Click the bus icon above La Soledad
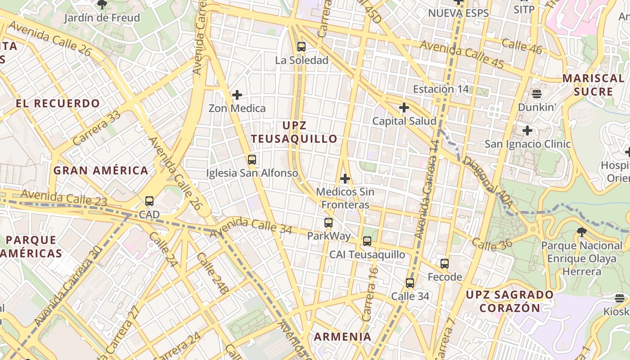[301, 46]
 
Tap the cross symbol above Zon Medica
[237, 94]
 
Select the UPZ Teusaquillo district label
[294, 132]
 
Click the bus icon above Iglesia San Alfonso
[252, 159]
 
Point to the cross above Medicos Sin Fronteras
[345, 179]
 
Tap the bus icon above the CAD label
[149, 201]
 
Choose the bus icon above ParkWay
[328, 222]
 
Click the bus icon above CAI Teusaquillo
[367, 241]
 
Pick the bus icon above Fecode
[445, 264]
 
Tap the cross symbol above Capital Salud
[404, 108]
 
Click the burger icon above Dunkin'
[536, 94]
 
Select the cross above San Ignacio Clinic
[527, 130]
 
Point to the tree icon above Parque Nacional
[581, 232]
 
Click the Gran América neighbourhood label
[101, 171]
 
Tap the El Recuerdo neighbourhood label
[58, 103]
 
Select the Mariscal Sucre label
[593, 85]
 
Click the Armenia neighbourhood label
[342, 337]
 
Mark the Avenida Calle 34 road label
[251, 225]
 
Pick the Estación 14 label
[441, 89]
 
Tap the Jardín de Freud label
[102, 18]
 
